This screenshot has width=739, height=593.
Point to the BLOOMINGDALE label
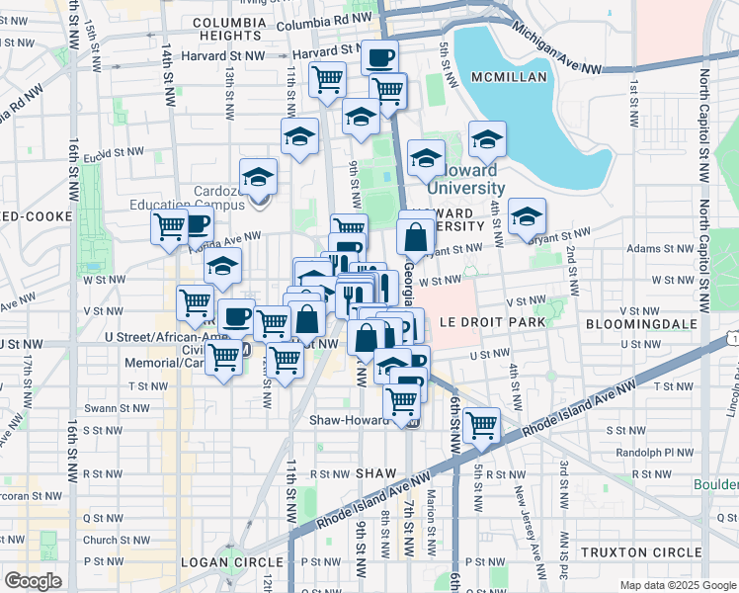[641, 323]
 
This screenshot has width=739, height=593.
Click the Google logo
[34, 581]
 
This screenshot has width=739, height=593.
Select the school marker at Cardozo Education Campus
[259, 178]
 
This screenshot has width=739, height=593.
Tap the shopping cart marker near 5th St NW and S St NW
[481, 425]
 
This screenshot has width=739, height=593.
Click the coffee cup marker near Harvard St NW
[378, 57]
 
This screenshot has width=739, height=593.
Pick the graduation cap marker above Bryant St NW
[528, 217]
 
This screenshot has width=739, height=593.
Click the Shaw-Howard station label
[352, 420]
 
